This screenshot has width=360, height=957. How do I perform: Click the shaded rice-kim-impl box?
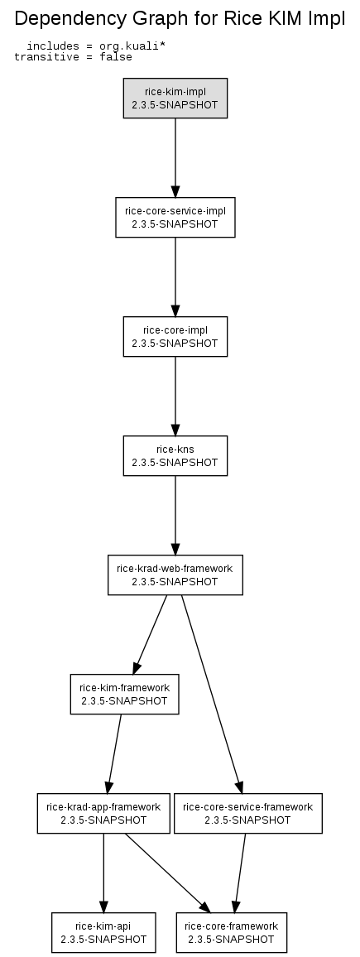coord(175,99)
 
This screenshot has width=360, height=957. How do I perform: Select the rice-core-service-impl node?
coord(175,217)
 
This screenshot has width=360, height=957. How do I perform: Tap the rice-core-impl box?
coord(175,336)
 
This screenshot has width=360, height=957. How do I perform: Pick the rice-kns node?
coord(175,455)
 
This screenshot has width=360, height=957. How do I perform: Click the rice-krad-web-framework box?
coord(175,575)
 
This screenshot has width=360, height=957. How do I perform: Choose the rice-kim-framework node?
coord(124,694)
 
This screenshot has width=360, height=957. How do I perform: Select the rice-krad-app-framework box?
coord(103,813)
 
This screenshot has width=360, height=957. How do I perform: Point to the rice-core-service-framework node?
coord(247,813)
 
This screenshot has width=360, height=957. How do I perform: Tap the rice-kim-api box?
coord(103,933)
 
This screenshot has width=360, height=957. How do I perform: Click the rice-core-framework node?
coord(231,933)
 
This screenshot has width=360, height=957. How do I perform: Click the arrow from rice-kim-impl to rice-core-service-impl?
coord(175,157)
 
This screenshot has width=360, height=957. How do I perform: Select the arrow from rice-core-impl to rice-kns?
coord(175,396)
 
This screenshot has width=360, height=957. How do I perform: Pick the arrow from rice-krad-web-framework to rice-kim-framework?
coord(150,635)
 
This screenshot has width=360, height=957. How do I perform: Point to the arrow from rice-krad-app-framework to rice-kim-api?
coord(103,873)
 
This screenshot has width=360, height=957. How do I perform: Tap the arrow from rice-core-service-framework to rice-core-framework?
coord(240,873)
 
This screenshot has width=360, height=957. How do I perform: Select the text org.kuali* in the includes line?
coord(132,46)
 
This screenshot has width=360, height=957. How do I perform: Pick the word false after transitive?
coord(115,57)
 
